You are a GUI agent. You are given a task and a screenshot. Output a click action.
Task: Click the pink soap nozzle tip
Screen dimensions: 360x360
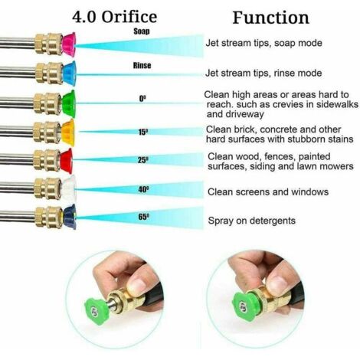tap(68, 44)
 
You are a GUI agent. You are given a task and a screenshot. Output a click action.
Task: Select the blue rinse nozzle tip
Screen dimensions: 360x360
tap(69, 74)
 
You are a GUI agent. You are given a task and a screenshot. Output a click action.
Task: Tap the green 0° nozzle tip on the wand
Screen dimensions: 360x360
tap(68, 103)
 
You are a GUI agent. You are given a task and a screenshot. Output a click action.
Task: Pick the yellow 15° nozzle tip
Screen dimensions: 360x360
tap(68, 133)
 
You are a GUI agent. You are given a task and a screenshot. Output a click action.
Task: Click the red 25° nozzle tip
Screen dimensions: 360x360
tap(67, 161)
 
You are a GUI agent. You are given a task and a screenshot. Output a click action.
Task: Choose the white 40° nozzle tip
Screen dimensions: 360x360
tap(69, 188)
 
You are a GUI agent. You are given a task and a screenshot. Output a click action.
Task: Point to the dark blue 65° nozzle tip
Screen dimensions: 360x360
tap(70, 217)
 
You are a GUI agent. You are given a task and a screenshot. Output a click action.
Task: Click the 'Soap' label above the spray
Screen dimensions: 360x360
tap(142, 31)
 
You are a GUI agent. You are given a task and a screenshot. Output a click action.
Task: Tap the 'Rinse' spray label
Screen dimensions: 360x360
tap(142, 65)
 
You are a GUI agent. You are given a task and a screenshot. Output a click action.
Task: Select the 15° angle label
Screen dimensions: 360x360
tap(143, 132)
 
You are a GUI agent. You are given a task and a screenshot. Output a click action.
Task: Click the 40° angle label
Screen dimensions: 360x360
tap(143, 189)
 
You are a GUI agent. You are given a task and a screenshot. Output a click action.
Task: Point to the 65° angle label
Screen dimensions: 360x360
tap(144, 217)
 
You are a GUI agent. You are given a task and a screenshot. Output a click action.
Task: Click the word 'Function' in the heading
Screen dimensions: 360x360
tap(271, 18)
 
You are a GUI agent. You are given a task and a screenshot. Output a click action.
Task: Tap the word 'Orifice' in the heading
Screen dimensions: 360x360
tap(129, 17)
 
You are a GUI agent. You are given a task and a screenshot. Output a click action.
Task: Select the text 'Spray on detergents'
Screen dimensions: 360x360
tap(252, 221)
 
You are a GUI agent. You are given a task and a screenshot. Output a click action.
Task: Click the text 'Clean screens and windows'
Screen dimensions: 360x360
tap(268, 191)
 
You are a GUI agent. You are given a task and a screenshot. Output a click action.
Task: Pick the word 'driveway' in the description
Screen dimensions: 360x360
tap(235, 114)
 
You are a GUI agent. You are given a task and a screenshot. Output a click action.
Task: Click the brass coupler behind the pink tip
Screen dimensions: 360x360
tap(48, 44)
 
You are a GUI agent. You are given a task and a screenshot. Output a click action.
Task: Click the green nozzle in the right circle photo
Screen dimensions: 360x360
tap(244, 306)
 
